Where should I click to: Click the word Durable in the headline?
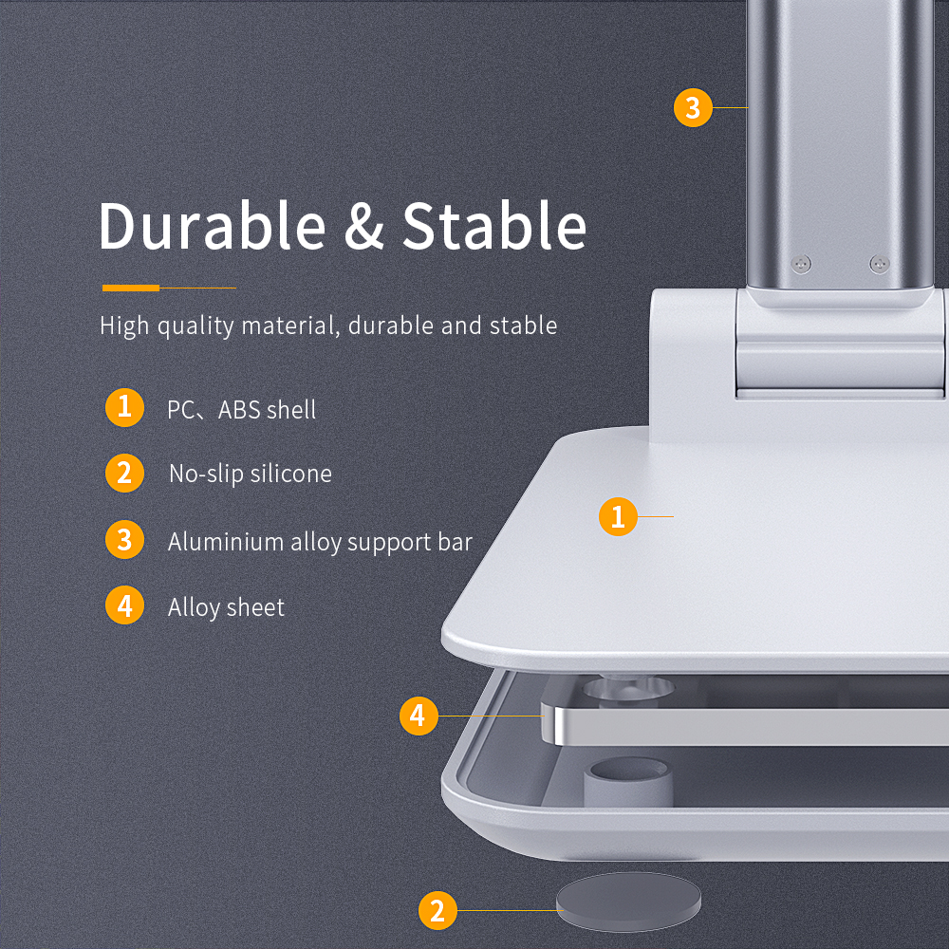point(213,226)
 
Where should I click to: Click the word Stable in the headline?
point(494,226)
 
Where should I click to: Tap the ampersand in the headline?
point(364,227)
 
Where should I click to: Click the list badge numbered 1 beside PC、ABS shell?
point(124,407)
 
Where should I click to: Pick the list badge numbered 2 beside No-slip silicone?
point(124,474)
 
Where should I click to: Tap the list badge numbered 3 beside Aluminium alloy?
point(124,539)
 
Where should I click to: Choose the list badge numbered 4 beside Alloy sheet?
point(124,605)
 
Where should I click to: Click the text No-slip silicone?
point(251,474)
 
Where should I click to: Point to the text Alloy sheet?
point(227,607)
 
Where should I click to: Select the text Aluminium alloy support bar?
point(320,542)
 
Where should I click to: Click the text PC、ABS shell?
point(241,410)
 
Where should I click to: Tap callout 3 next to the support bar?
point(693,108)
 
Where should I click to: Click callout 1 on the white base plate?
point(618,517)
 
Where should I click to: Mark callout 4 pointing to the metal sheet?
point(419,716)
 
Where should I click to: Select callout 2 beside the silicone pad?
point(437,911)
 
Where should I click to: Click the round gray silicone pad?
point(629,902)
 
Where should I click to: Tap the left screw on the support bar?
point(801,264)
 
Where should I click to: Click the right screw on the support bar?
point(879,264)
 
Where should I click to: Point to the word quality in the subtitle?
point(195,326)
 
